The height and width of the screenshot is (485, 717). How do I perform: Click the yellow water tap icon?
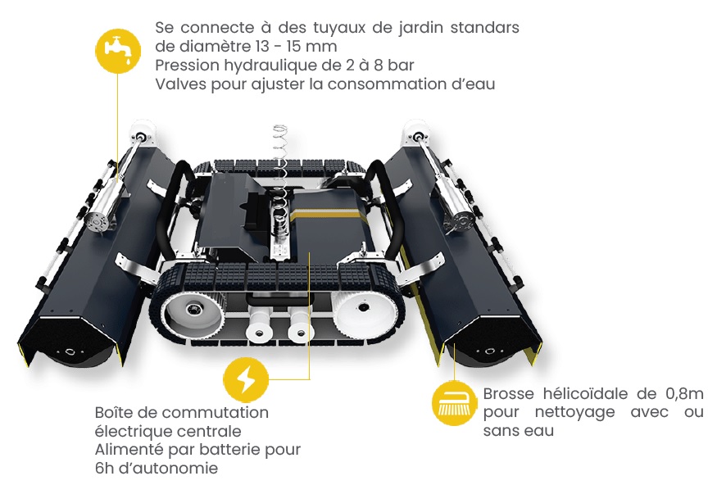click(x=118, y=50)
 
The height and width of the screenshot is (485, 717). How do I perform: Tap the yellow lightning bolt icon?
click(x=246, y=380)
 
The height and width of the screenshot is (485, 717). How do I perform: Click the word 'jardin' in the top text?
click(x=420, y=29)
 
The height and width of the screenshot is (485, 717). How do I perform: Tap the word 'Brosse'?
click(x=509, y=393)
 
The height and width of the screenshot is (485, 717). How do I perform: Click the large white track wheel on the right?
click(x=362, y=310)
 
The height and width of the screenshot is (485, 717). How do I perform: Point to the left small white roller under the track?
click(x=259, y=327)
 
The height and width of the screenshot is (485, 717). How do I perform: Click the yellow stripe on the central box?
click(x=329, y=211)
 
